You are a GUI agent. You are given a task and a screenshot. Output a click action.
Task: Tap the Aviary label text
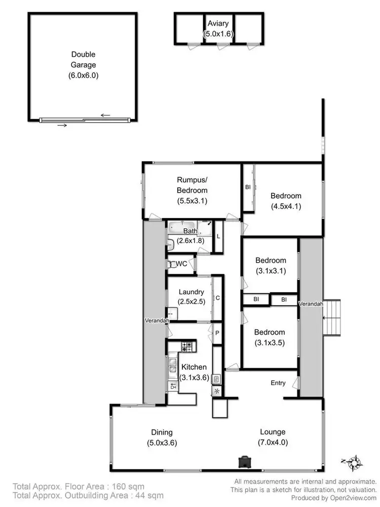pyautogui.click(x=217, y=24)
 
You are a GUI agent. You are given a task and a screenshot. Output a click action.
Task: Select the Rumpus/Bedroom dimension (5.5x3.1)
pyautogui.click(x=192, y=201)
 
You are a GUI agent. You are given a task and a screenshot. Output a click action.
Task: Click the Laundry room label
pyautogui.click(x=192, y=292)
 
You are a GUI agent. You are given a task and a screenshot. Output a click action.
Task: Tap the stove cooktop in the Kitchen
pyautogui.click(x=187, y=347)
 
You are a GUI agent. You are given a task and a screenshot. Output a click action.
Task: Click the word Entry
pyautogui.click(x=278, y=383)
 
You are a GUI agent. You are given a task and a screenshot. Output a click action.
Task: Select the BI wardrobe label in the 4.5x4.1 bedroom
pyautogui.click(x=248, y=187)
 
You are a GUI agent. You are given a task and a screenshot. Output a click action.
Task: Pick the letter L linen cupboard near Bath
pyautogui.click(x=218, y=236)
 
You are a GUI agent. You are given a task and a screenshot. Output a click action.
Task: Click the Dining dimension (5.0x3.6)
pyautogui.click(x=162, y=442)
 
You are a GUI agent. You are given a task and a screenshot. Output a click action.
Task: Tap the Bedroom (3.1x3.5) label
pyautogui.click(x=270, y=337)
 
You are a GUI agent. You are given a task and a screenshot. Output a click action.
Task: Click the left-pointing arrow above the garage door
pyautogui.click(x=105, y=115)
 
